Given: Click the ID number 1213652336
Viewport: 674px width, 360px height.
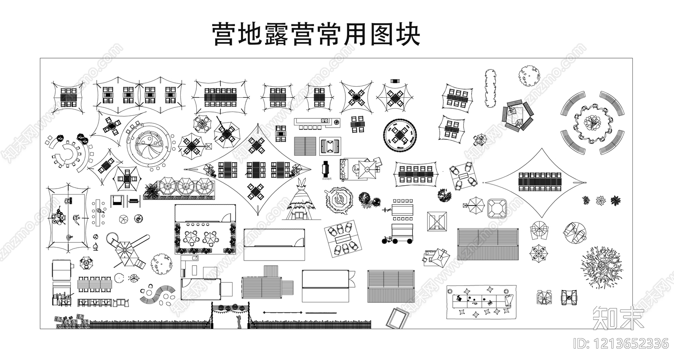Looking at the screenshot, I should coord(622,344).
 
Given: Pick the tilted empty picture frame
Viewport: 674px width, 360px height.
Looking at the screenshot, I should coord(398,319).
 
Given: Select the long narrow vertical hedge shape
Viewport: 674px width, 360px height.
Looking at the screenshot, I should coord(490,89).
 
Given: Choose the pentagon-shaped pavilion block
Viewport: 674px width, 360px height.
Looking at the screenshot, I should coord(516,117).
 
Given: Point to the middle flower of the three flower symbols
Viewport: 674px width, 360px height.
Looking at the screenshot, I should coord(601,200).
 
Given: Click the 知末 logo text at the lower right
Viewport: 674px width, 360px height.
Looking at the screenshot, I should coord(618,317).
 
